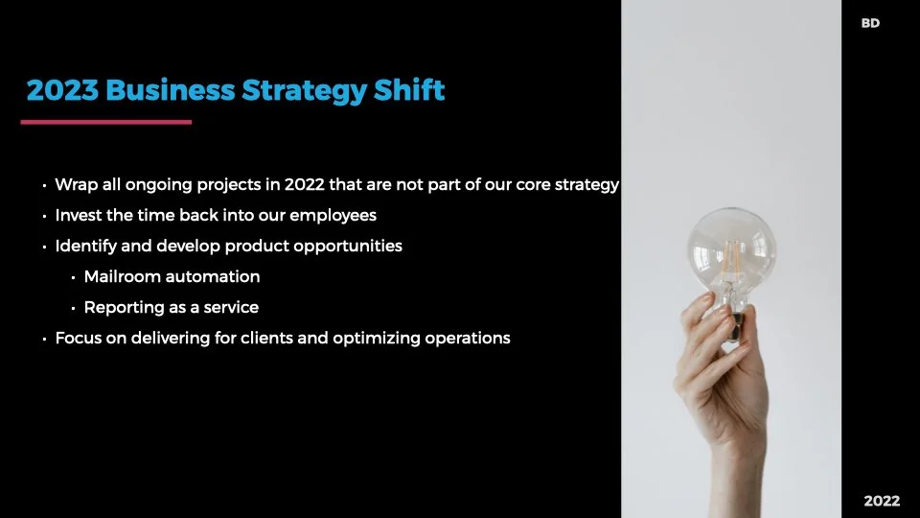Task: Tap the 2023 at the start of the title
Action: (x=62, y=91)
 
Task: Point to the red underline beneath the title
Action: (x=106, y=122)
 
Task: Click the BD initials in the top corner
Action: (x=870, y=23)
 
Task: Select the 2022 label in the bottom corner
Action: (x=882, y=501)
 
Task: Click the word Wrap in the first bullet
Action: (x=75, y=184)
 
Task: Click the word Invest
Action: (x=79, y=215)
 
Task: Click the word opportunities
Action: (x=348, y=246)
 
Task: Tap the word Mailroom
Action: (x=121, y=276)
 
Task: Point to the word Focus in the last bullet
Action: (x=77, y=338)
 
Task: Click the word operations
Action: (x=467, y=338)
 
